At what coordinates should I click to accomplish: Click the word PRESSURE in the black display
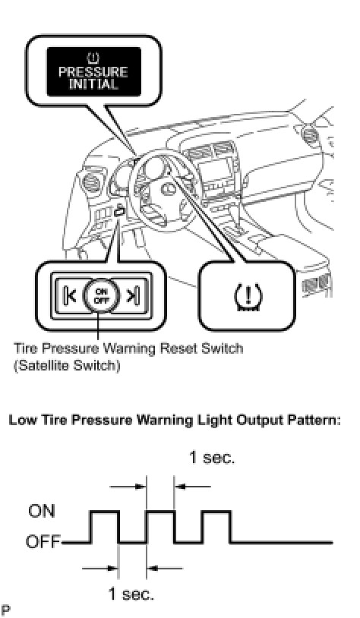click(x=93, y=72)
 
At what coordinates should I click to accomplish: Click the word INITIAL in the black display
click(x=93, y=84)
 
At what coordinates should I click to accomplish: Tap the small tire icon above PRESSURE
click(x=93, y=58)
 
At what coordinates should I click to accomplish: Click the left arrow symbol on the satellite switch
click(x=69, y=295)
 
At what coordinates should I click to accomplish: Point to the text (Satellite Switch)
click(x=67, y=366)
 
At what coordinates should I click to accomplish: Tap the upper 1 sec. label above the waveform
click(x=212, y=458)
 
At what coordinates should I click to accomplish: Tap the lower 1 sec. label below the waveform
click(x=131, y=594)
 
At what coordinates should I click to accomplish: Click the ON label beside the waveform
click(x=42, y=511)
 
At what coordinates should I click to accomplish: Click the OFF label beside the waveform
click(x=43, y=542)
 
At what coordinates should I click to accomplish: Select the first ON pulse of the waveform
click(x=105, y=511)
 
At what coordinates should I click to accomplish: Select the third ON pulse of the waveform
click(x=216, y=511)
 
